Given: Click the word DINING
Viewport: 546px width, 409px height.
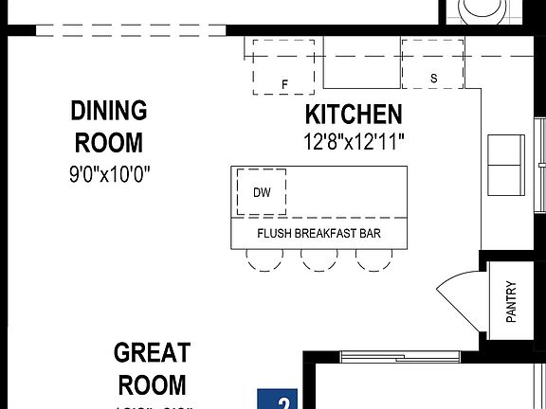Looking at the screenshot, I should click(109, 111).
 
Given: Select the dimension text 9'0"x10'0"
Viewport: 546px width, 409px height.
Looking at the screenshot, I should click(109, 174).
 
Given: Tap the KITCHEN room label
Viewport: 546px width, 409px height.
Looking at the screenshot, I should click(353, 116).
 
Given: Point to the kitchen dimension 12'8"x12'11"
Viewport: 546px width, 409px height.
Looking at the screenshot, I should click(353, 143).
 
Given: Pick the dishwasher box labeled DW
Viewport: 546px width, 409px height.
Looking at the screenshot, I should click(262, 191).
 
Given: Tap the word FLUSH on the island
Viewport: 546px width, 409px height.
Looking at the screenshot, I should click(275, 233).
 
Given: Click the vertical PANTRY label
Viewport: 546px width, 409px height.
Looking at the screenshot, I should click(511, 302).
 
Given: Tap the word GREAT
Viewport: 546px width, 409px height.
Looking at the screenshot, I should click(152, 353).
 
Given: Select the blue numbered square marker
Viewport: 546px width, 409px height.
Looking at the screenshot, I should click(277, 399).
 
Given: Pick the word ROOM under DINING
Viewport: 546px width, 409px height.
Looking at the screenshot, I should click(109, 143).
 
